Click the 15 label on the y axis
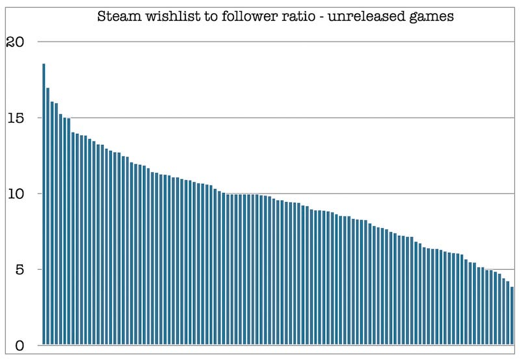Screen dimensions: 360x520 click(15, 118)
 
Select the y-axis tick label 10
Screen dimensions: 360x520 click(14, 194)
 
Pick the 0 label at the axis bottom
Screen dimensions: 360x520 click(19, 346)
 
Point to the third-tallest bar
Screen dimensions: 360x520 click(52, 224)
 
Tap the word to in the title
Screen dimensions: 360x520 click(207, 17)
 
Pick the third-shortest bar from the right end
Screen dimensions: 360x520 click(504, 311)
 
